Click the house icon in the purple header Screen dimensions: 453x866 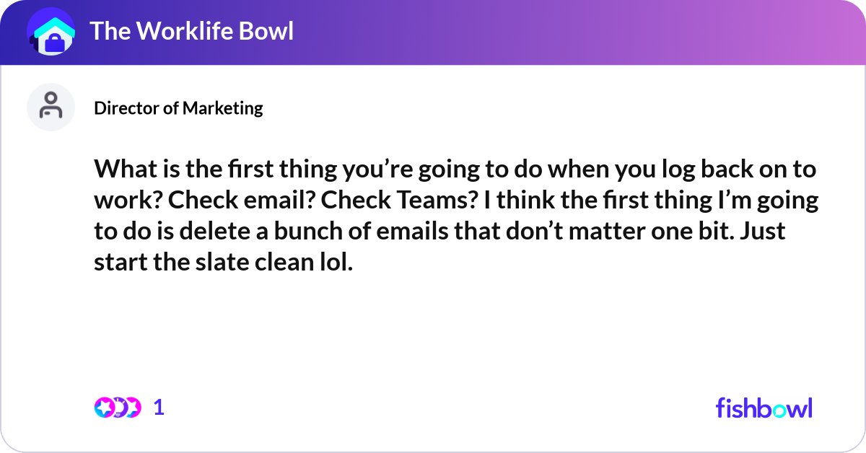[51, 32]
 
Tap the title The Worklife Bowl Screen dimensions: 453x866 [191, 31]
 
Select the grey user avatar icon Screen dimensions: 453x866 [51, 107]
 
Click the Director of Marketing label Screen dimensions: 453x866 [178, 108]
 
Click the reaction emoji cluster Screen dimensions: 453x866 [117, 408]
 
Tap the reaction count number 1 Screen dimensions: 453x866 [159, 408]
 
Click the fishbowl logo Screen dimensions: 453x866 [764, 408]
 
